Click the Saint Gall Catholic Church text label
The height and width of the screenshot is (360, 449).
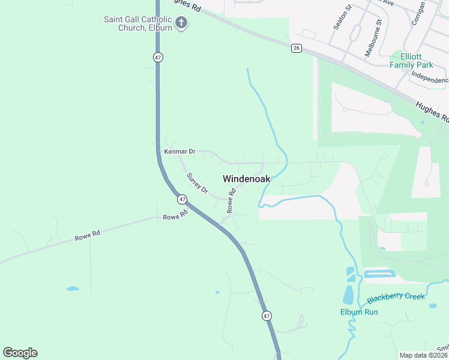pyautogui.click(x=138, y=23)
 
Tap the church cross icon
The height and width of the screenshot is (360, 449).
pyautogui.click(x=182, y=23)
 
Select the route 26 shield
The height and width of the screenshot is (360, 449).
pyautogui.click(x=297, y=48)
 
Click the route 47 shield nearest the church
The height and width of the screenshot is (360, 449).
pyautogui.click(x=158, y=57)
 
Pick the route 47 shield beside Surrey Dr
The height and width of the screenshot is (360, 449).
pyautogui.click(x=182, y=199)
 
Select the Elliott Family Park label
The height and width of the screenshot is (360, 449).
pyautogui.click(x=411, y=61)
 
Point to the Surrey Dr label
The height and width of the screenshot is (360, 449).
pyautogui.click(x=197, y=184)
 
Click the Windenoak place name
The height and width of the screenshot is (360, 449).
pyautogui.click(x=247, y=179)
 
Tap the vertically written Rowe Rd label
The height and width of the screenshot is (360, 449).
pyautogui.click(x=231, y=202)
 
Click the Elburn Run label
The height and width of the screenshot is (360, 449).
pyautogui.click(x=359, y=312)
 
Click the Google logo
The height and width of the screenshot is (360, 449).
pyautogui.click(x=20, y=353)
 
